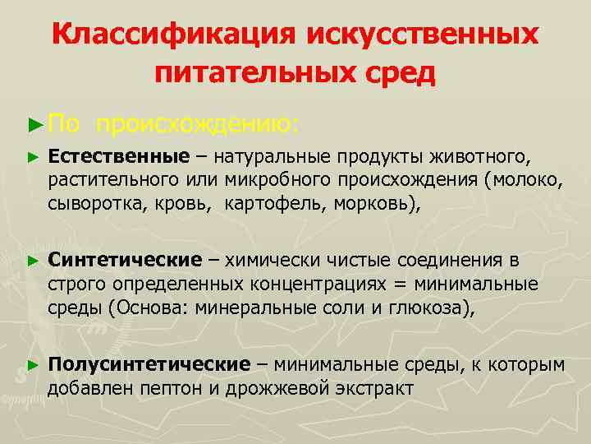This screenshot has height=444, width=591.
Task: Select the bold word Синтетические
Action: [124, 261]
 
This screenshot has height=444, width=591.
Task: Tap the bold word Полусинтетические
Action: [148, 364]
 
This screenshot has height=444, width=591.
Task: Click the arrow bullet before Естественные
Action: [32, 156]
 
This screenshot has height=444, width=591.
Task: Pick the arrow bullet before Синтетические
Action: [32, 261]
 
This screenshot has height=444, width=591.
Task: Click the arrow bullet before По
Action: [32, 124]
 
